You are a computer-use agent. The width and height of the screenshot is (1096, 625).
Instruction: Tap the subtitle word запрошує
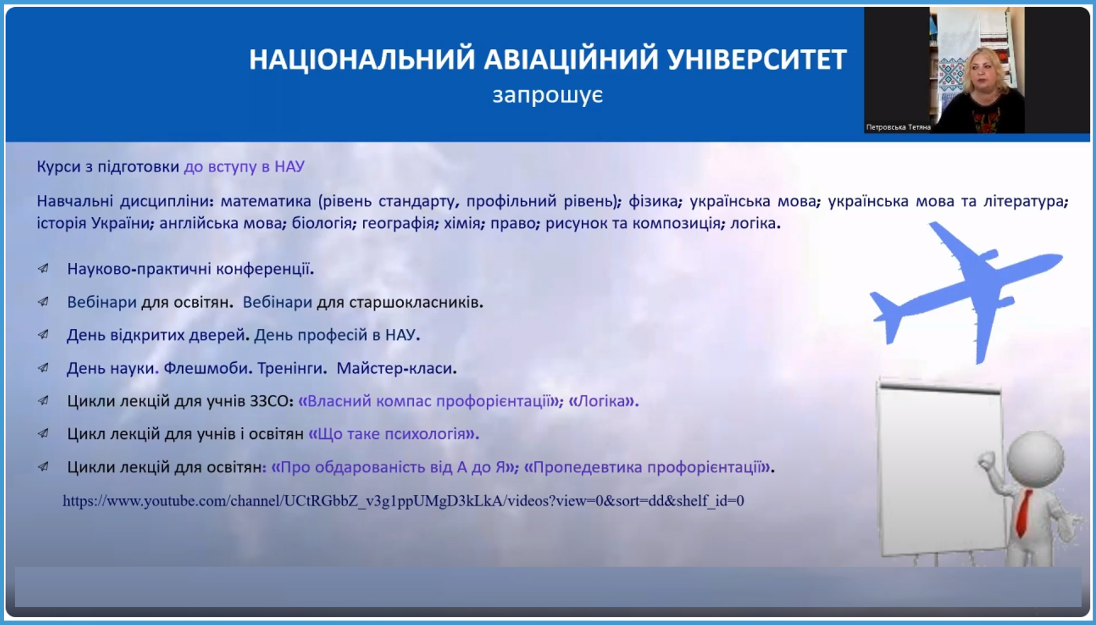[x=548, y=95]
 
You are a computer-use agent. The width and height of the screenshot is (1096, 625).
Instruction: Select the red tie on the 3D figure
[x=1023, y=513]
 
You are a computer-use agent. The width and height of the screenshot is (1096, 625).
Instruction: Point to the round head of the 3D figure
[x=1035, y=459]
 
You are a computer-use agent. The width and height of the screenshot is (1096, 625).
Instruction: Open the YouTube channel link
[x=403, y=501]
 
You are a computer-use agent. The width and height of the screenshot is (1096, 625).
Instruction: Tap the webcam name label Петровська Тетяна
[x=898, y=127]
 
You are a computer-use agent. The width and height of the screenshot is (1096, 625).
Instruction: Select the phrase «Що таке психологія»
[x=393, y=434]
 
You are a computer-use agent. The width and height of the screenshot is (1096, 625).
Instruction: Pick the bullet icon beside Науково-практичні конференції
[x=43, y=269]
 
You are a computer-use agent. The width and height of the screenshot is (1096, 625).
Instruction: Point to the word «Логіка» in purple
[x=604, y=401]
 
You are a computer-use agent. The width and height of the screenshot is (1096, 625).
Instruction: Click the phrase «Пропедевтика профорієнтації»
[x=649, y=467]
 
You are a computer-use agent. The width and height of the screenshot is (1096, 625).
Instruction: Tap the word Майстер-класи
[x=397, y=368]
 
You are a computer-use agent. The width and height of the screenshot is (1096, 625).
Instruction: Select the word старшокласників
[x=416, y=303]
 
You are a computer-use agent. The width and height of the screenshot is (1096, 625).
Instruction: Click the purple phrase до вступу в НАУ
[x=244, y=167]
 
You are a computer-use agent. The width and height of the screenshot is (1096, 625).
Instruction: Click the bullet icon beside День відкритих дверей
[x=43, y=335]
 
